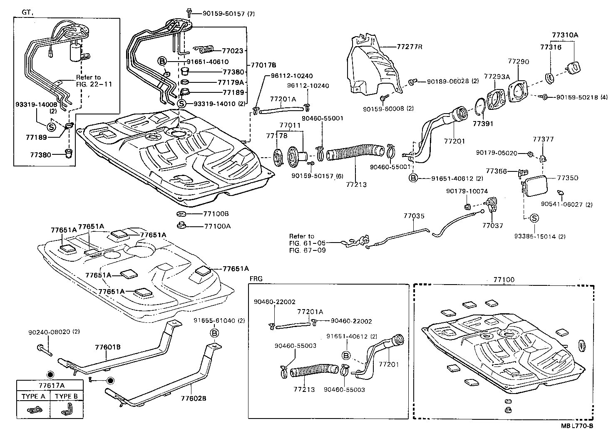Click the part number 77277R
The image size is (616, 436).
point(409,46)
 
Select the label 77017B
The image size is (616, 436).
point(263,65)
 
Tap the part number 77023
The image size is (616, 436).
point(232,51)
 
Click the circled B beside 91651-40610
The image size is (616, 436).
point(162,61)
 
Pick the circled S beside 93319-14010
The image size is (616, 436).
point(181,103)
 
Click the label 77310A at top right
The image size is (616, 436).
point(565,35)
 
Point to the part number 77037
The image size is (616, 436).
point(492,225)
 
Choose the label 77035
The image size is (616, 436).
point(414,216)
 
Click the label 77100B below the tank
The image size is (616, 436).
point(216,214)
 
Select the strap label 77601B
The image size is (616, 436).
point(107,347)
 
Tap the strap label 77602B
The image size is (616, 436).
point(194,398)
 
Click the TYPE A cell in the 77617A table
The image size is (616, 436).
point(33,396)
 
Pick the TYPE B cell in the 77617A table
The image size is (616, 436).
point(67,396)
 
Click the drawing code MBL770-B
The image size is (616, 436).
point(576,426)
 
